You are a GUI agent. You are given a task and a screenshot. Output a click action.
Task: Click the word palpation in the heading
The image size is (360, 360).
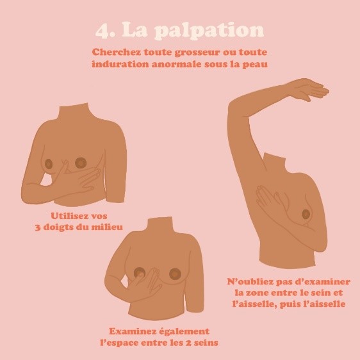click(209, 31)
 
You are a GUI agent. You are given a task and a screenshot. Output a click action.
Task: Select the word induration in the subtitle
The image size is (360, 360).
click(120, 64)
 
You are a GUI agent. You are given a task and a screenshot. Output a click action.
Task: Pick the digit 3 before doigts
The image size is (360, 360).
click(38, 227)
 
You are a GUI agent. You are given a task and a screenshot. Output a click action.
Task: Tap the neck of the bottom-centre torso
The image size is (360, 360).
click(160, 225)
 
